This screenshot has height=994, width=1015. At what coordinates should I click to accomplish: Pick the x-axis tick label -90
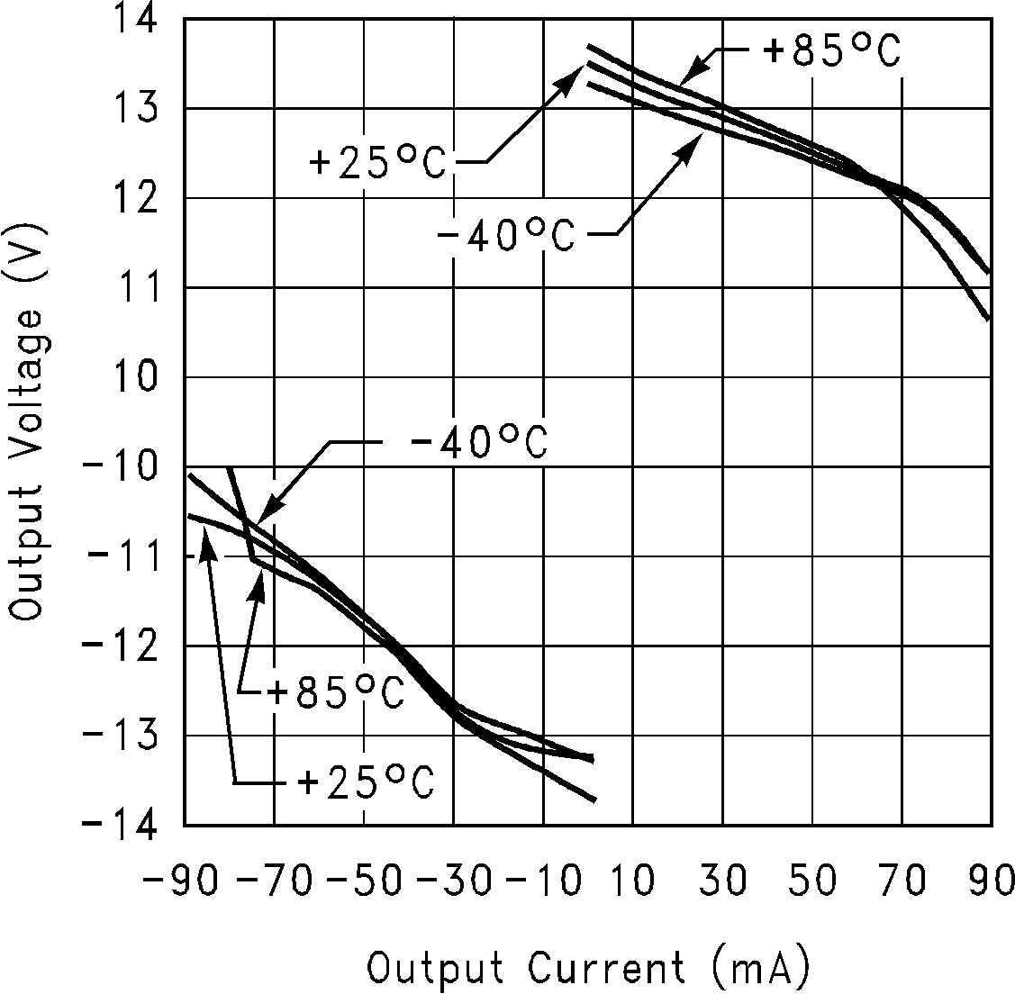click(x=179, y=881)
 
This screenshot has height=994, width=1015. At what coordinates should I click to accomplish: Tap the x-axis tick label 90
click(x=991, y=881)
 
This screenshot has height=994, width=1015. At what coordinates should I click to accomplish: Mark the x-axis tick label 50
click(x=814, y=881)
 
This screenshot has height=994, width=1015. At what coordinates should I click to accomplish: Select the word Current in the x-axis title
click(x=606, y=970)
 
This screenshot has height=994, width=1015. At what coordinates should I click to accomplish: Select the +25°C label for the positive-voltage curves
click(x=377, y=165)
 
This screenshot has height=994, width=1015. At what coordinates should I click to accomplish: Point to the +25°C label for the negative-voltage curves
click(x=365, y=782)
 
